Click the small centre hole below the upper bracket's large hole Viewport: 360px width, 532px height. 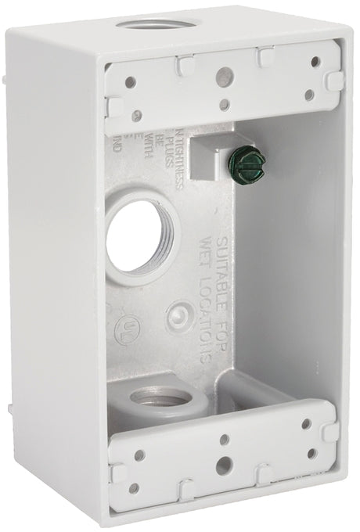tap(225, 105)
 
